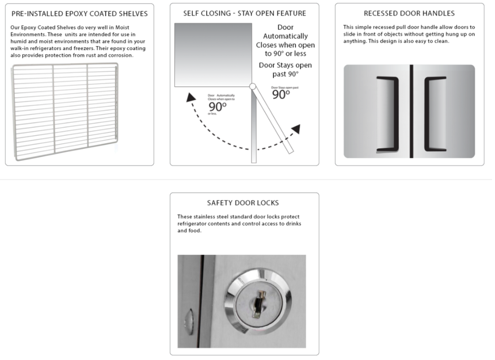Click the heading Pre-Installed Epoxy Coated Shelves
79,13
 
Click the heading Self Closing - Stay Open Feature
245,13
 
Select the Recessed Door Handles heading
409,13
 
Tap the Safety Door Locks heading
245,203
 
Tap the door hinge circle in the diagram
252,87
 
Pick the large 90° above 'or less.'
218,107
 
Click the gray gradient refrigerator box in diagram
213,55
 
